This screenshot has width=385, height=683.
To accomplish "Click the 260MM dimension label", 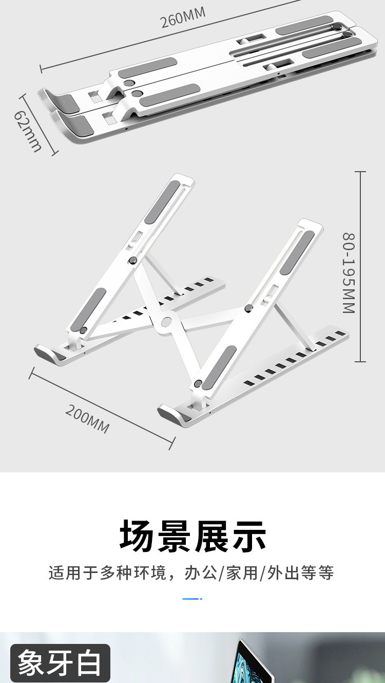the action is click(x=183, y=19).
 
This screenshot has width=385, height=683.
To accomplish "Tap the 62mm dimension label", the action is click(x=28, y=132).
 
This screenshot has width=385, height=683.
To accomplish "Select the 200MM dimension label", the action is click(x=87, y=419).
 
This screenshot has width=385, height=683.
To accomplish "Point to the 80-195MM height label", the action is click(x=349, y=272).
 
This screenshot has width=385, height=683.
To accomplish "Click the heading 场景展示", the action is click(x=193, y=536).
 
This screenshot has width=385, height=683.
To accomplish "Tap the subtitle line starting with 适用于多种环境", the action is click(x=191, y=573).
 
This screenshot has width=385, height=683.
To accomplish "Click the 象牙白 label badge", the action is click(x=60, y=663).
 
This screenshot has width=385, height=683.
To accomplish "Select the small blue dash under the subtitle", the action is click(x=192, y=599).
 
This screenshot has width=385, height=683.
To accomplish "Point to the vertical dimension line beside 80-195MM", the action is click(x=360, y=267).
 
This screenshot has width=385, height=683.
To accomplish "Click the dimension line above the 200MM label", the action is click(x=103, y=406).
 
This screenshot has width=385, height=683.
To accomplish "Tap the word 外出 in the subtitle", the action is click(x=285, y=573).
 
